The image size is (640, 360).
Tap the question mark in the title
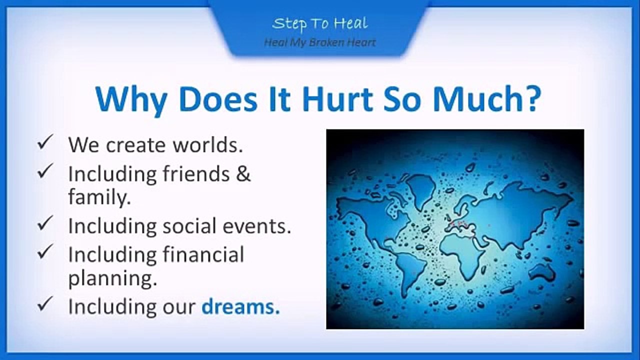(530, 99)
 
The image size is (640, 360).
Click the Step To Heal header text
(320, 23)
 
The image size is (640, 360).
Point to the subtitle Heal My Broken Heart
(320, 42)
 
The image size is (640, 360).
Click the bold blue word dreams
(240, 306)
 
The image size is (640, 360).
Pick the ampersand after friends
(243, 173)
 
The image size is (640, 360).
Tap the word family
(99, 197)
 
